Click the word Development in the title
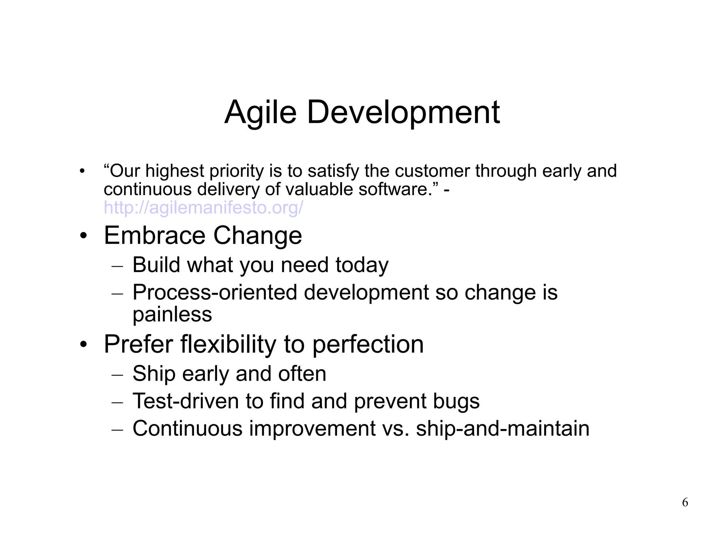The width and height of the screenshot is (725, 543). (x=403, y=112)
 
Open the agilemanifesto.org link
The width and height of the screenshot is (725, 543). (x=203, y=208)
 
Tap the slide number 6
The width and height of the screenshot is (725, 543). (x=685, y=502)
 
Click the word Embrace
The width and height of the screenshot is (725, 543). (x=154, y=236)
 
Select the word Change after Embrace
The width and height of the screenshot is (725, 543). (x=257, y=236)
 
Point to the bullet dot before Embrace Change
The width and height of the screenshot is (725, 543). (x=83, y=236)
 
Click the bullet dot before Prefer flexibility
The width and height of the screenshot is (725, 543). (x=83, y=345)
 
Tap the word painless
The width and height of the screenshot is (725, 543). (x=172, y=314)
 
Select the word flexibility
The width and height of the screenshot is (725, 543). (x=228, y=344)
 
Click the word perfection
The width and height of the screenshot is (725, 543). (x=368, y=345)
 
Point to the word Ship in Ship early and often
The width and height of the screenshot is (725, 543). (x=154, y=374)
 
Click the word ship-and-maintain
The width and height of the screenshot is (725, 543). (x=503, y=429)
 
